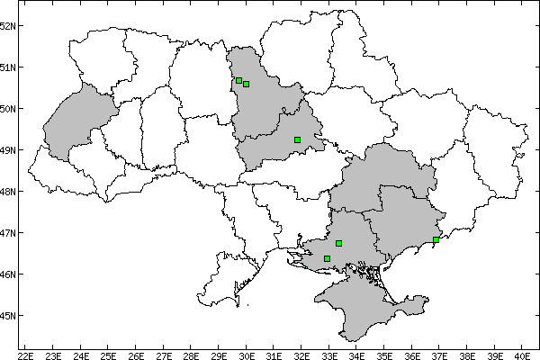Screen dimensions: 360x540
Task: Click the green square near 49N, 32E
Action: [297, 139]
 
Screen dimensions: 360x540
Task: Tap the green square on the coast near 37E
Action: [436, 239]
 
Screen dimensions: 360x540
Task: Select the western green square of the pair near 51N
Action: [238, 81]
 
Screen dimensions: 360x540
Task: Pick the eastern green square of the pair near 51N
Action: [246, 85]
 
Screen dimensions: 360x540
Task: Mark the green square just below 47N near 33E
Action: [338, 243]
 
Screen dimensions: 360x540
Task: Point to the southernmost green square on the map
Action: [327, 258]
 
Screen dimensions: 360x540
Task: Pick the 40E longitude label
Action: [522, 354]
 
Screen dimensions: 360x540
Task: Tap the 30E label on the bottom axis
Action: [247, 354]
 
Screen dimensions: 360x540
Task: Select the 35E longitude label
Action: [384, 354]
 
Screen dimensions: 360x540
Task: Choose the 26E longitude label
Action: [136, 354]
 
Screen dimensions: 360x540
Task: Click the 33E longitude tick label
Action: [329, 354]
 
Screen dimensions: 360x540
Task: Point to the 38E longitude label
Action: [467, 354]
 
